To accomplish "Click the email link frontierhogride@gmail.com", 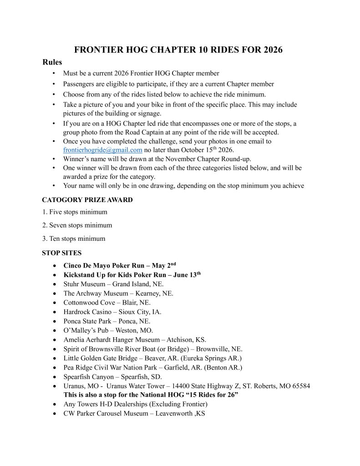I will (x=102, y=150).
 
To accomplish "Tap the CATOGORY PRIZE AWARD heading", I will (x=87, y=200).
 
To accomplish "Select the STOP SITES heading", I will (x=61, y=253).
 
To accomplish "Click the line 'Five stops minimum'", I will (x=75, y=212).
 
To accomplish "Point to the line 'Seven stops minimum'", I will (x=77, y=225).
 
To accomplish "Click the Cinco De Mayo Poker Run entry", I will (x=119, y=265).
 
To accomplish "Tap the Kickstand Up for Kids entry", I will (x=132, y=275).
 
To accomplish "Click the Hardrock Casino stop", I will (x=112, y=312).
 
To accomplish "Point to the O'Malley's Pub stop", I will (x=108, y=330).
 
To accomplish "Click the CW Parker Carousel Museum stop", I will (x=134, y=414).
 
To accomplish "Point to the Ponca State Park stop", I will (x=109, y=321).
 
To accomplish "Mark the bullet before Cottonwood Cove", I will (x=55, y=303).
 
